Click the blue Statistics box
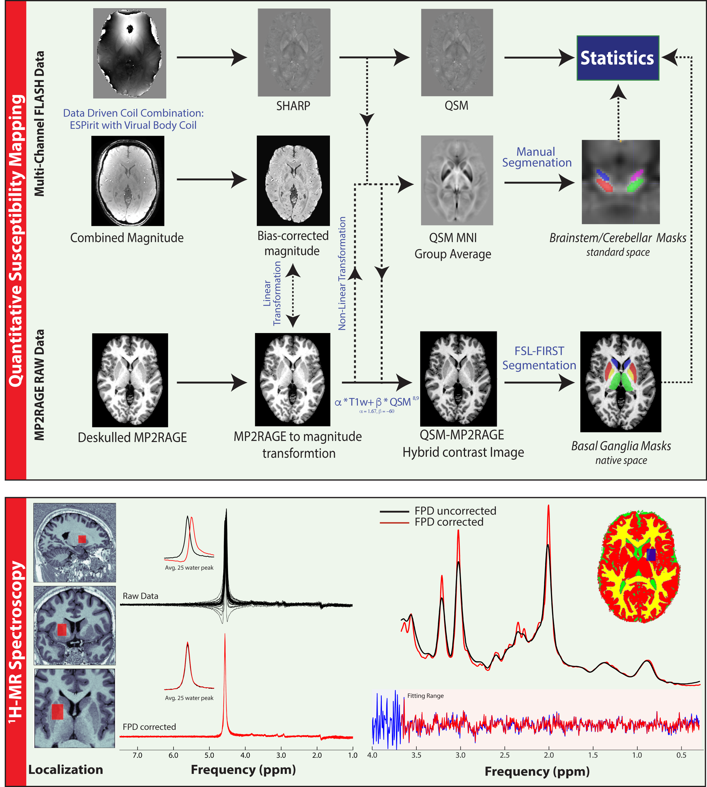[x=618, y=58]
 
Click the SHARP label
[x=293, y=106]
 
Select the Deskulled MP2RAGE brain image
[x=130, y=380]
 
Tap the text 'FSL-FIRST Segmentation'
[x=539, y=358]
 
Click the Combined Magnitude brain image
[x=128, y=181]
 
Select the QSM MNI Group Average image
[x=457, y=180]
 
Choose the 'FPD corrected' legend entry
[x=449, y=522]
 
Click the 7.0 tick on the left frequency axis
[x=137, y=755]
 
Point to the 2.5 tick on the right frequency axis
[x=505, y=755]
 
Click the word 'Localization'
[x=66, y=770]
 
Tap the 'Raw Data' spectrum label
[x=140, y=596]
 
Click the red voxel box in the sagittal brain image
[x=82, y=539]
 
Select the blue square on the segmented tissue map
[x=651, y=554]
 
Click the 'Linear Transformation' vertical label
[x=272, y=293]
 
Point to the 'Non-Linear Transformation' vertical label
[x=342, y=273]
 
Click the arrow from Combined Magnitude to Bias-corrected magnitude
[x=212, y=179]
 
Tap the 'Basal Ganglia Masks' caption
[x=621, y=446]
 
